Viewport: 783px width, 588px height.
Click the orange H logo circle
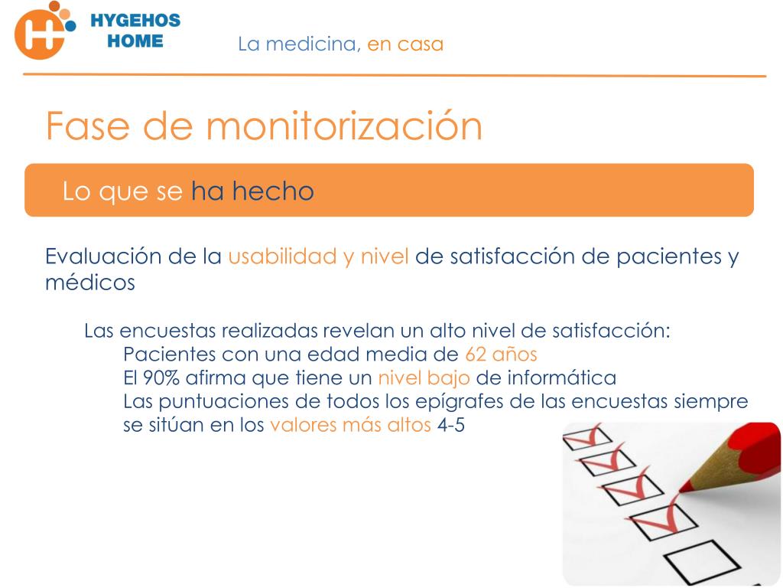coord(40,34)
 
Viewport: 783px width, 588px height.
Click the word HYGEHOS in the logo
coord(135,21)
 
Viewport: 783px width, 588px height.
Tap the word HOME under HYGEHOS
coord(135,41)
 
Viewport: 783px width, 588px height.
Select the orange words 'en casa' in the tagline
coord(405,44)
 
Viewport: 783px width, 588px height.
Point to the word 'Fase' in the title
coord(88,126)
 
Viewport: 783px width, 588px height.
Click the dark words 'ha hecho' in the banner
coord(252,191)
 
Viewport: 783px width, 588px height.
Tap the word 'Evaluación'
coord(103,256)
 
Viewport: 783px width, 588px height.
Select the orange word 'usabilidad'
coord(282,256)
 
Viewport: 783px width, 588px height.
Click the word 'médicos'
coord(90,282)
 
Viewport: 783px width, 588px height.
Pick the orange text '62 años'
coord(501,354)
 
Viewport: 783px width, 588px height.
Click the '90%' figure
coord(161,377)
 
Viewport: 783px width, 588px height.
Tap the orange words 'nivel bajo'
coord(424,378)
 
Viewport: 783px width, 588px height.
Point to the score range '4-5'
coord(451,425)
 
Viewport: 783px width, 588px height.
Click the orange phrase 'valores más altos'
coord(350,425)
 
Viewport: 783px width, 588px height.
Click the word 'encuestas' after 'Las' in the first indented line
coord(167,331)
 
